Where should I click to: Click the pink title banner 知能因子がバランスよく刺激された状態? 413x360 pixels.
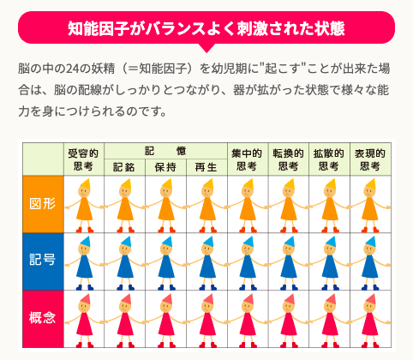206,27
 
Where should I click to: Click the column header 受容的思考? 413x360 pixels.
83,159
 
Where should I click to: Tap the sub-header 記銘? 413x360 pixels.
123,167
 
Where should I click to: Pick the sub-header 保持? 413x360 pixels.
165,167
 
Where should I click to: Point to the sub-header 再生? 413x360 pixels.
206,167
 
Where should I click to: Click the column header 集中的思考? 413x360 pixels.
247,159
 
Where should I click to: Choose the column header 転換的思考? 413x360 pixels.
288,159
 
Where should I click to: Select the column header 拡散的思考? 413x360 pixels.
329,159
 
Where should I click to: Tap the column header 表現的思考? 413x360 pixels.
370,159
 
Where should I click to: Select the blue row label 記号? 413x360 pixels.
42,261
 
